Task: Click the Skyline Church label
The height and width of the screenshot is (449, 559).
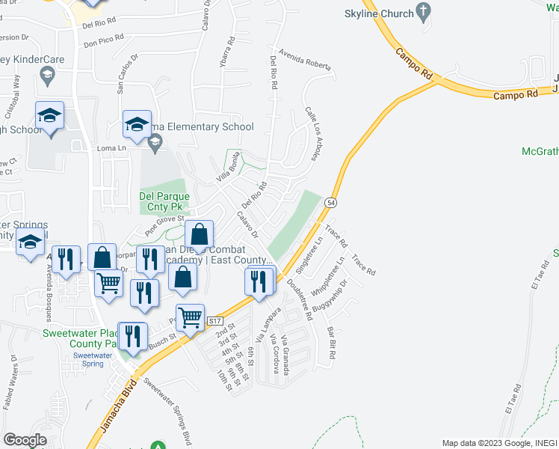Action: click(378, 14)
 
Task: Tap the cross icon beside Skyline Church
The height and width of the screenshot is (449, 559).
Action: click(424, 11)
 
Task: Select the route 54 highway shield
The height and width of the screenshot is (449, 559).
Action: click(330, 202)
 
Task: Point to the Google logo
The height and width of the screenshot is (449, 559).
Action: click(25, 440)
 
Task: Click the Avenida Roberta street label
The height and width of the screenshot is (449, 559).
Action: click(304, 59)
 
